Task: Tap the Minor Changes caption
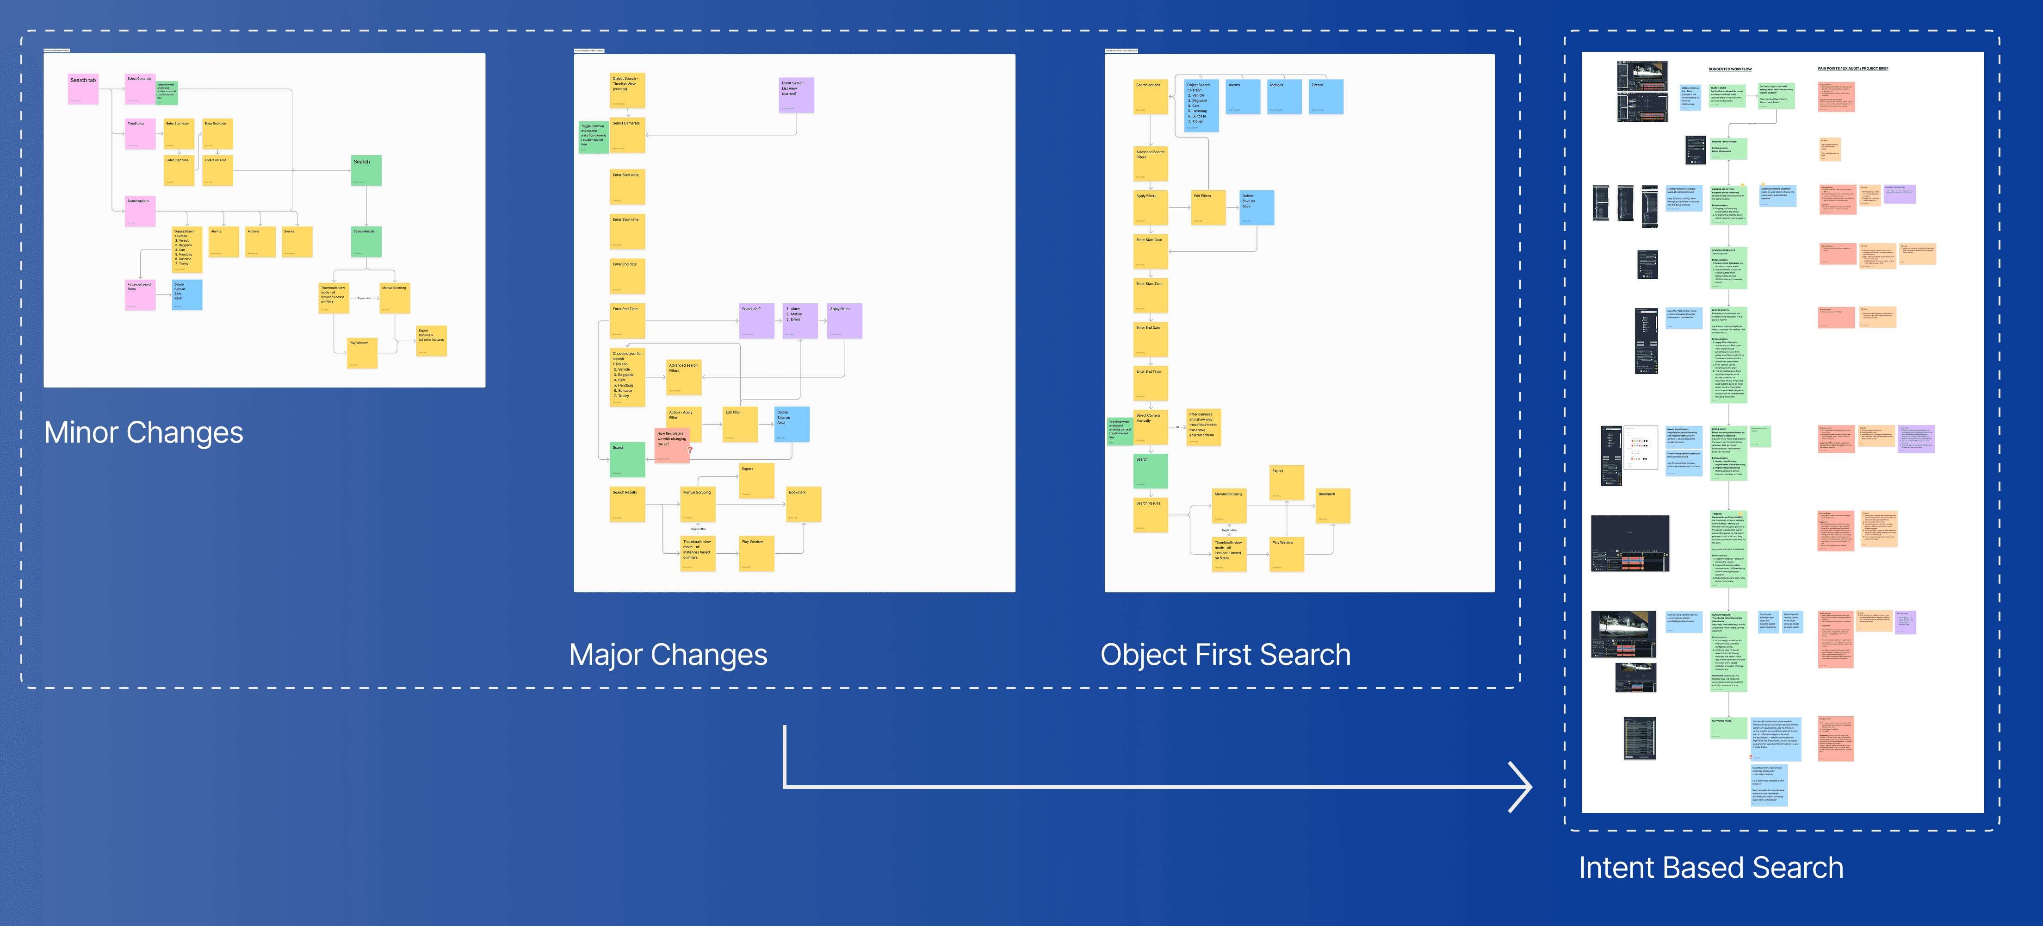pyautogui.click(x=143, y=432)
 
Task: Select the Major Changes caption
pyautogui.click(x=668, y=655)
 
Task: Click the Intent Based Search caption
pyautogui.click(x=1711, y=867)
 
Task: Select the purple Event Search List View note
pyautogui.click(x=796, y=94)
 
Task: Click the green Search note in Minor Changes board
pyautogui.click(x=366, y=170)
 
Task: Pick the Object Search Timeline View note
pyautogui.click(x=627, y=90)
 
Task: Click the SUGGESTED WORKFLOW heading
pyautogui.click(x=1730, y=69)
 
